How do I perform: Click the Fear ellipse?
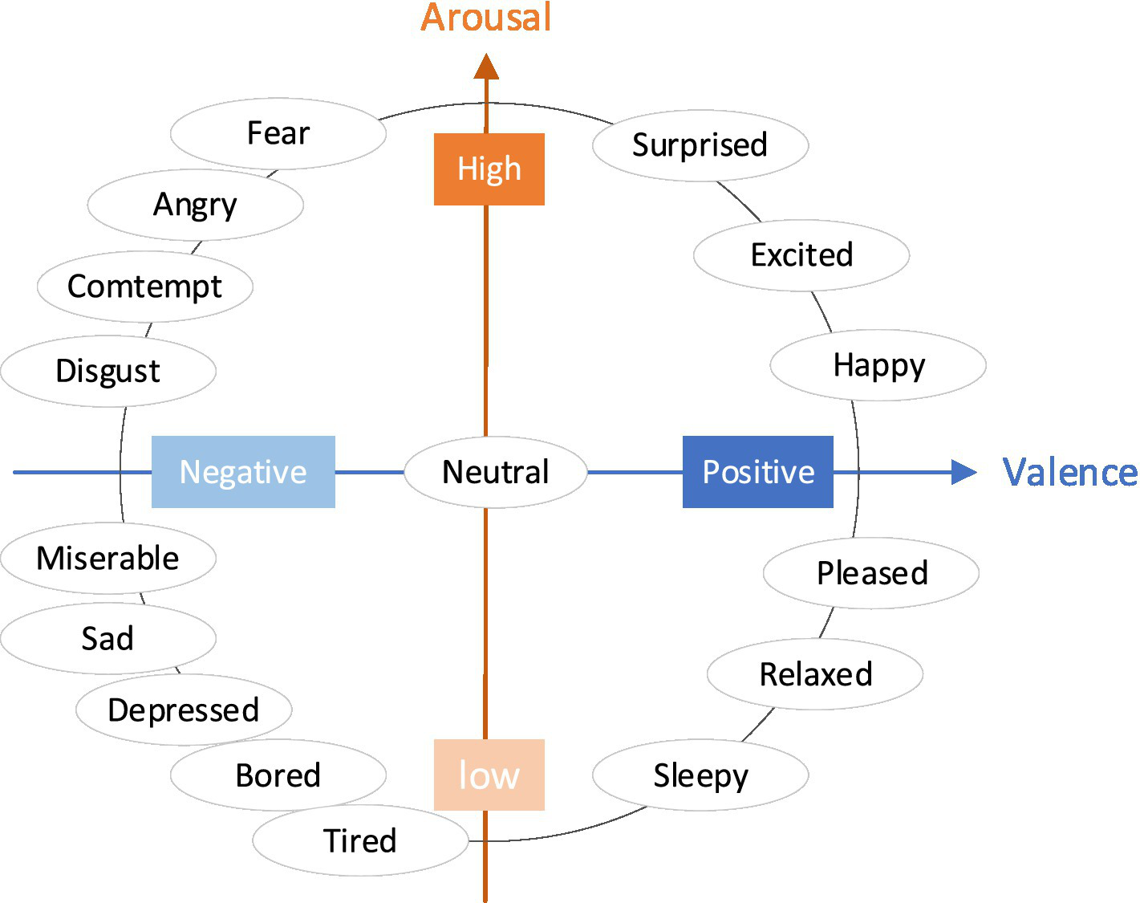(x=278, y=133)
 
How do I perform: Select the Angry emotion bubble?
(x=195, y=205)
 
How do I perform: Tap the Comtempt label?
(x=144, y=287)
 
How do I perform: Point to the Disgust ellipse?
(x=108, y=371)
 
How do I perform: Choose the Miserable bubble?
(x=108, y=558)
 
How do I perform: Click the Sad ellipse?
(x=108, y=638)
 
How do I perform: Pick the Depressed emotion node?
(x=184, y=710)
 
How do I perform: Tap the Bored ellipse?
(x=278, y=775)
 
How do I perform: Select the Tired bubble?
(x=360, y=840)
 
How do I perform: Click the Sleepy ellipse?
(x=700, y=775)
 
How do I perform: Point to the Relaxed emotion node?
(x=815, y=674)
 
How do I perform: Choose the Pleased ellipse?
(x=871, y=573)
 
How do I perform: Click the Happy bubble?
(x=878, y=365)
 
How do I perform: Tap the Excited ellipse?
(x=801, y=255)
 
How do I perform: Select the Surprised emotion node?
(x=700, y=145)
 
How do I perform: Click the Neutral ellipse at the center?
(x=496, y=472)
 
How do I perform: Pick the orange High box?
(x=489, y=169)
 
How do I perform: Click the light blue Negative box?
(x=243, y=472)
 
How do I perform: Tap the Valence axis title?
(x=1070, y=472)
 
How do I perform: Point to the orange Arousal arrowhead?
(x=486, y=67)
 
